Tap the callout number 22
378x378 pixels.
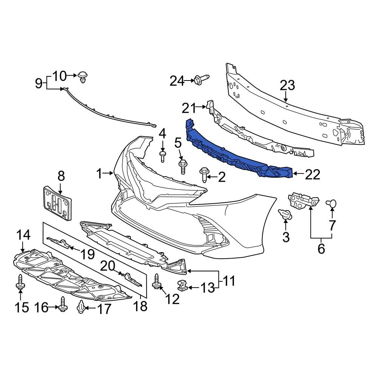point(313,174)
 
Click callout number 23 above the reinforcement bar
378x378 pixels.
point(287,85)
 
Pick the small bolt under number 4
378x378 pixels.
point(163,156)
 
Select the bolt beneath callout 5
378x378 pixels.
point(182,166)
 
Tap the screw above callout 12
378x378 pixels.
point(157,282)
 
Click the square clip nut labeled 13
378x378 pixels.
point(183,286)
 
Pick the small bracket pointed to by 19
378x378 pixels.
point(60,243)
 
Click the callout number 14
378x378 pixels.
point(23,235)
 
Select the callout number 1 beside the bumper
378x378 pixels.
point(99,174)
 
